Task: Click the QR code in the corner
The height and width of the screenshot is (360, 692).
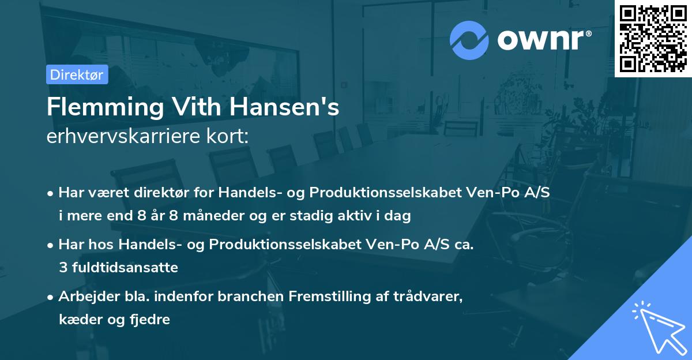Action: click(x=653, y=38)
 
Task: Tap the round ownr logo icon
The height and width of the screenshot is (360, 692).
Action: click(x=469, y=40)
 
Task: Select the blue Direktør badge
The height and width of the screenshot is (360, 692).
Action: click(x=77, y=74)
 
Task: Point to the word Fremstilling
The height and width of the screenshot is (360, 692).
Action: click(x=325, y=297)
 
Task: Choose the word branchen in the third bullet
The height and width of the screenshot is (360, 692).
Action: click(x=250, y=297)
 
